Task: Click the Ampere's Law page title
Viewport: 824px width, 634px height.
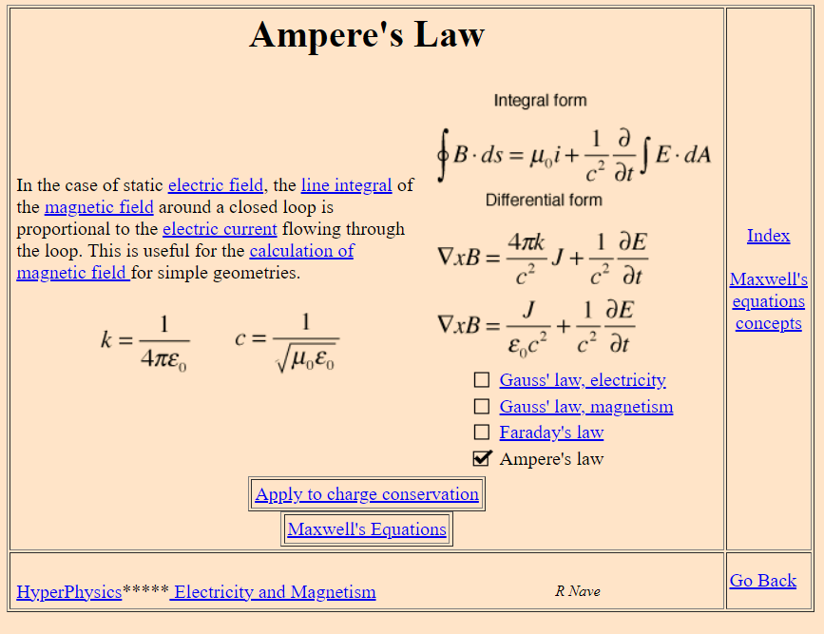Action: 367,35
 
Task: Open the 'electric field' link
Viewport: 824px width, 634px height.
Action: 216,185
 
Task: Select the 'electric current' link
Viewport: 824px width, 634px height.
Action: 220,229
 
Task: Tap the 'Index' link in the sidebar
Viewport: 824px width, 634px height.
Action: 768,236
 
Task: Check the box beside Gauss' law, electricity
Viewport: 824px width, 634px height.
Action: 482,380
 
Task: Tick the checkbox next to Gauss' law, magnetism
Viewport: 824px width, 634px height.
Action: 482,407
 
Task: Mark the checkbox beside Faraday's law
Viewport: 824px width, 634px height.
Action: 482,432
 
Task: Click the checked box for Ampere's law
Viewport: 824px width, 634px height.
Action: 482,459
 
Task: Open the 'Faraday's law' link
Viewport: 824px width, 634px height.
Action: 551,432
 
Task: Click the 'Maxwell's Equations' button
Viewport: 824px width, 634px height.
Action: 367,529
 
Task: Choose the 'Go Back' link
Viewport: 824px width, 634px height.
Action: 763,581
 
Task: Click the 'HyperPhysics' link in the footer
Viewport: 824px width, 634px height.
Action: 69,592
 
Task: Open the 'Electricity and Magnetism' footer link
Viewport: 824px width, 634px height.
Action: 274,592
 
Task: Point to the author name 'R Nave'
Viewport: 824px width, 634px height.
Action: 578,591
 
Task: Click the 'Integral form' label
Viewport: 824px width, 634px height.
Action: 540,101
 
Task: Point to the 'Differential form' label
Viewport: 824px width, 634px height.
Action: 544,201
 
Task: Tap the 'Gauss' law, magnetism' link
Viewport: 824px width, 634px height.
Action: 585,407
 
